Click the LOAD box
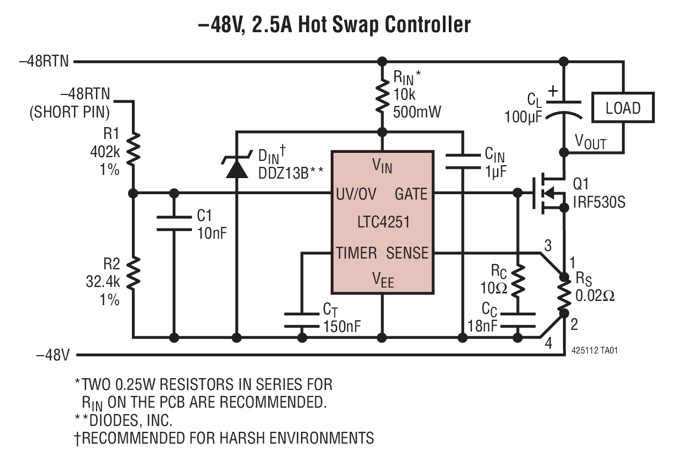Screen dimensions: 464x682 coord(622,108)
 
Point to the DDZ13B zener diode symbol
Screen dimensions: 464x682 coord(236,166)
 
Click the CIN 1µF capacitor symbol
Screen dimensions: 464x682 coord(461,160)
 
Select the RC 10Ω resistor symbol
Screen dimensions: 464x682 coord(517,281)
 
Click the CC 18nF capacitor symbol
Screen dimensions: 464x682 coord(517,319)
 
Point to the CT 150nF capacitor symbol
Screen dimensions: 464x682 coord(302,319)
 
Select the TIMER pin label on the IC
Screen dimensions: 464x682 coord(357,253)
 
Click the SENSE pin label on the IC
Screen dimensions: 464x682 coord(407,253)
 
